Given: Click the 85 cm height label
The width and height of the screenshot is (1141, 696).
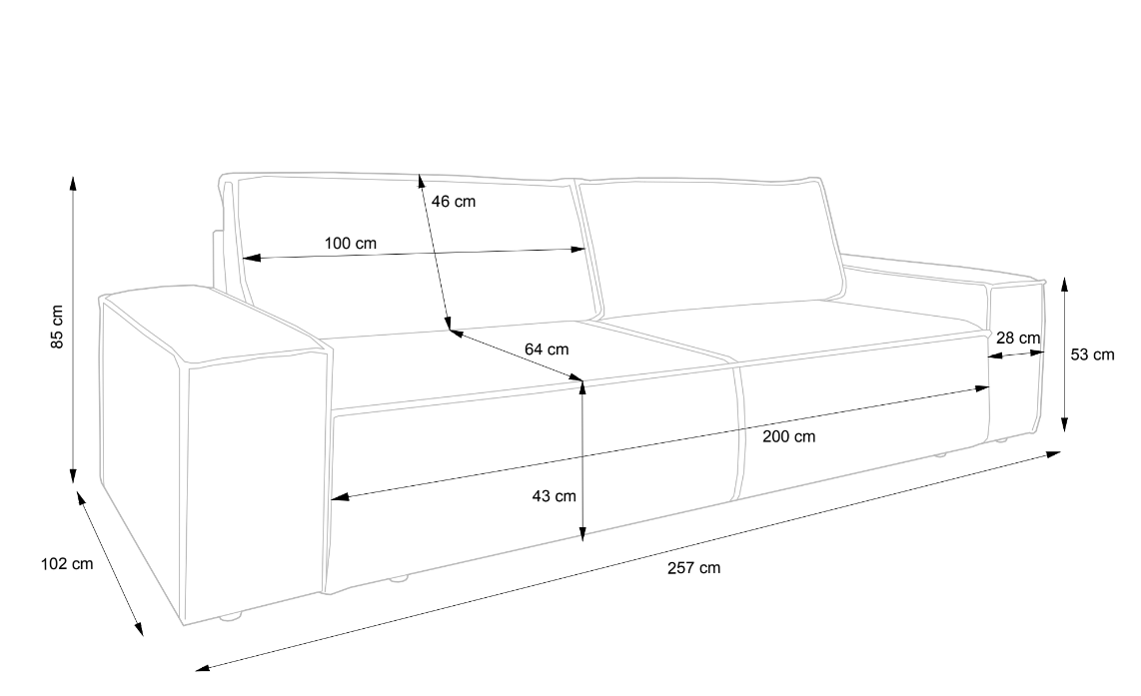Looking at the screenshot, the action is click(58, 327).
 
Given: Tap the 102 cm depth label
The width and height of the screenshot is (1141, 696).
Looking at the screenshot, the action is click(67, 563).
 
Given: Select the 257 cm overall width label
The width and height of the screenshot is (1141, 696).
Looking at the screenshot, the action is click(694, 568).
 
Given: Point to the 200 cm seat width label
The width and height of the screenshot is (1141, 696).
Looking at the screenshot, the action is click(788, 437).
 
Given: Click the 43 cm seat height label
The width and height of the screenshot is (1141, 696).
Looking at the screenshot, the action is click(554, 496).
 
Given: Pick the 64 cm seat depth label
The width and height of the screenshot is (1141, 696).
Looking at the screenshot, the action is click(547, 349).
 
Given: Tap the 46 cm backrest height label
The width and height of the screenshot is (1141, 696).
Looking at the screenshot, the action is click(454, 202).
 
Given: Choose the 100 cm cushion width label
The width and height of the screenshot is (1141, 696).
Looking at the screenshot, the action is click(351, 243).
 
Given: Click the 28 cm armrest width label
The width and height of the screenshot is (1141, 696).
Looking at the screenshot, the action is click(1018, 339).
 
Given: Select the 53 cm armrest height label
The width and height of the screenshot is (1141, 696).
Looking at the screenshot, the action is click(1092, 354).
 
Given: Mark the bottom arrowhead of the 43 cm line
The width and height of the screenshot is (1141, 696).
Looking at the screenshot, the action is click(582, 534).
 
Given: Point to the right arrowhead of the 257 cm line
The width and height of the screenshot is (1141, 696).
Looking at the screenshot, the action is click(1052, 454).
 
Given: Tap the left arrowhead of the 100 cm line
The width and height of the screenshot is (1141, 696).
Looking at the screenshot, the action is click(251, 258).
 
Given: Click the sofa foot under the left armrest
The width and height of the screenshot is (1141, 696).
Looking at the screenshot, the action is click(231, 617).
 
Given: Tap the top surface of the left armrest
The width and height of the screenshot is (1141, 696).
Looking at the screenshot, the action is click(211, 324).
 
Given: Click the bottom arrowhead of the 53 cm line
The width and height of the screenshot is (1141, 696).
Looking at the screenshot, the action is click(1065, 424).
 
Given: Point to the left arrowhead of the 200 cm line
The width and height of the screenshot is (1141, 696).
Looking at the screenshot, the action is click(340, 497).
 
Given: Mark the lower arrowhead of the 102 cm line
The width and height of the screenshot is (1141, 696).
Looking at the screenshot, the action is click(138, 628).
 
